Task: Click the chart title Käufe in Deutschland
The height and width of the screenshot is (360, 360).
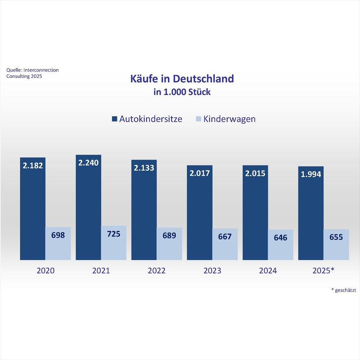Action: [x=182, y=78]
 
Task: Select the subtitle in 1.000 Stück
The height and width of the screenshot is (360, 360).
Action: [x=182, y=92]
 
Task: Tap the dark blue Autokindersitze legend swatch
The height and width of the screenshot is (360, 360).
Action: [x=114, y=119]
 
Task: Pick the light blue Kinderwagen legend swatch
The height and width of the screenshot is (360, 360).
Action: [x=199, y=119]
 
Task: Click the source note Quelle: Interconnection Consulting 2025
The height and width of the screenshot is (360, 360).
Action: [x=32, y=73]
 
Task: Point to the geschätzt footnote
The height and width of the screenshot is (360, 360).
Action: [x=344, y=290]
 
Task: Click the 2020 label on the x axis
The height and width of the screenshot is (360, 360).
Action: [x=45, y=271]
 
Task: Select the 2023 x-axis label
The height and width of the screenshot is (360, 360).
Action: [x=212, y=271]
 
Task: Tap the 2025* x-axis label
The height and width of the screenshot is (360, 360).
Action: [x=324, y=271]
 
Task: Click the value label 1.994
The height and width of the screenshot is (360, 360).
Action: [x=311, y=175]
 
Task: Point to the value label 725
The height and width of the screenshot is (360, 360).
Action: [x=113, y=234]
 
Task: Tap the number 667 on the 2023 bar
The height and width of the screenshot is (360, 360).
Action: [x=225, y=236]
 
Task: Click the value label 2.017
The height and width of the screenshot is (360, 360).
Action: [x=199, y=173]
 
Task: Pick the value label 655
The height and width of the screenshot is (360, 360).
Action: [x=336, y=237]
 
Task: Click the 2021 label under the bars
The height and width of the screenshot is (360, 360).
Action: [x=101, y=271]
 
